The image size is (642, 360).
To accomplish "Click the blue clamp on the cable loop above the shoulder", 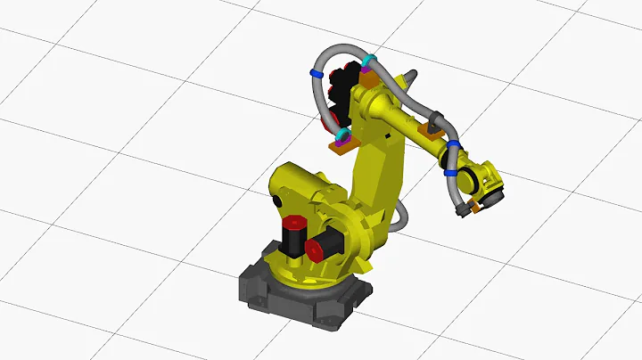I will (x=316, y=73).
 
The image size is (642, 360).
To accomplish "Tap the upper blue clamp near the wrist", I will (x=454, y=145).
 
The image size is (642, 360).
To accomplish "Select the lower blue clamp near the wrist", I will (x=451, y=174).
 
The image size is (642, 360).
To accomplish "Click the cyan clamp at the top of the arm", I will (x=368, y=63).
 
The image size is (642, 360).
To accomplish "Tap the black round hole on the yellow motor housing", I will (x=276, y=200).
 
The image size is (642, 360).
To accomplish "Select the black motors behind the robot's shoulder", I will (x=332, y=102).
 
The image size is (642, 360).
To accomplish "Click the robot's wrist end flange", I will (x=492, y=183).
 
